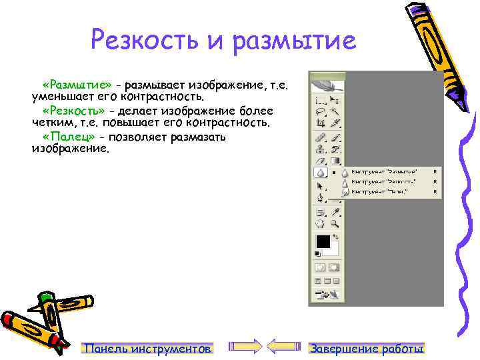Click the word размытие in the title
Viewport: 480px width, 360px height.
[296, 41]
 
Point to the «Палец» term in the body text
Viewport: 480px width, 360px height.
[67, 137]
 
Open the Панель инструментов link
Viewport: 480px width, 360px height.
[147, 349]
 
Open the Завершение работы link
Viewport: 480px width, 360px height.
[367, 349]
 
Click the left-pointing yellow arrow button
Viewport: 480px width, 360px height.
[286, 345]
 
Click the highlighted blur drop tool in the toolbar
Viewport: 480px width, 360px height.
[321, 172]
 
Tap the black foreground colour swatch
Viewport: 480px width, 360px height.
[323, 241]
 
